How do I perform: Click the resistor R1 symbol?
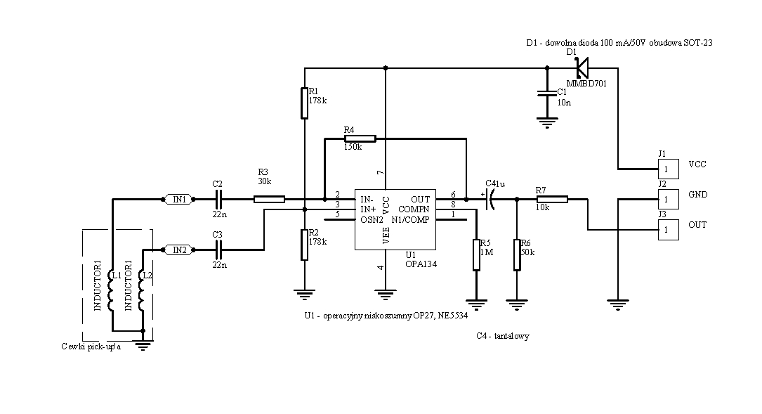pyautogui.click(x=304, y=103)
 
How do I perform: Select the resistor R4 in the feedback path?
pyautogui.click(x=360, y=138)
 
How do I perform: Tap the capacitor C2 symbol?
pyautogui.click(x=218, y=200)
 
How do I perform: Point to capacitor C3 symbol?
pyautogui.click(x=218, y=249)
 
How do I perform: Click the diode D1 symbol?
pyautogui.click(x=582, y=68)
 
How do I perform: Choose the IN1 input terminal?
pyautogui.click(x=179, y=200)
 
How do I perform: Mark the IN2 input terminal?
pyautogui.click(x=179, y=249)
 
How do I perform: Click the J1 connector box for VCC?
pyautogui.click(x=667, y=169)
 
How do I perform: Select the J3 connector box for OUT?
pyautogui.click(x=667, y=230)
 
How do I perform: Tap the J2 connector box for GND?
pyautogui.click(x=667, y=200)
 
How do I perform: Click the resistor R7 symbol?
pyautogui.click(x=552, y=200)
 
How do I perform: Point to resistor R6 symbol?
pyautogui.click(x=517, y=254)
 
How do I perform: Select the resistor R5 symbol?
pyautogui.click(x=476, y=254)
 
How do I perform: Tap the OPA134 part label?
pyautogui.click(x=418, y=264)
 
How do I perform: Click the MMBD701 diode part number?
pyautogui.click(x=586, y=84)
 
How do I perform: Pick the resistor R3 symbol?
pyautogui.click(x=269, y=200)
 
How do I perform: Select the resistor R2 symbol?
pyautogui.click(x=304, y=245)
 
